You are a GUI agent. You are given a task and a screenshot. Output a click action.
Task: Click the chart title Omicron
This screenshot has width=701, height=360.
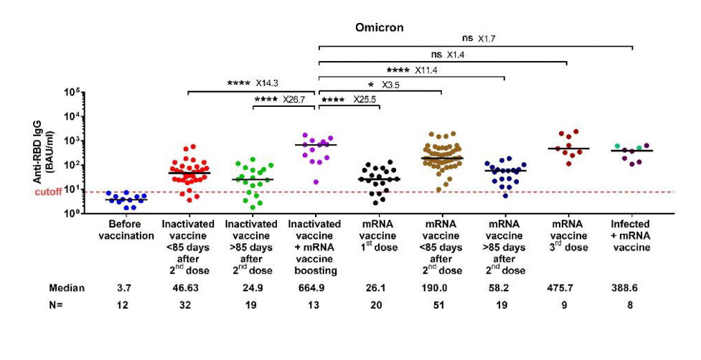380,27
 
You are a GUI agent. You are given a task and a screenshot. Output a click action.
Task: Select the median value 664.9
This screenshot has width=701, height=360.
316,288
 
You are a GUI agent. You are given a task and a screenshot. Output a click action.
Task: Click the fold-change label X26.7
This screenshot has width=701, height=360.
295,100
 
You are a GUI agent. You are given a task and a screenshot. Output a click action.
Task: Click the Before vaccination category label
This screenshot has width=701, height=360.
126,230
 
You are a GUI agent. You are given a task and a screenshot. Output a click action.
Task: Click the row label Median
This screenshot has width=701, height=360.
67,288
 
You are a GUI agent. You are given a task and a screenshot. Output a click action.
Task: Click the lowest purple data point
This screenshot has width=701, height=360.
316,182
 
